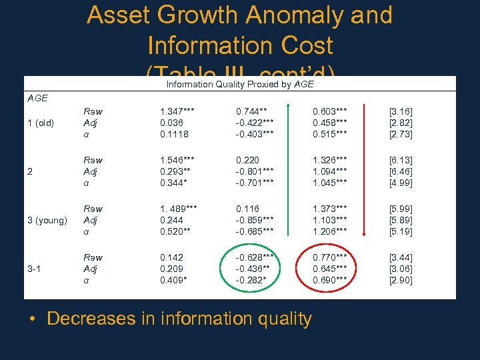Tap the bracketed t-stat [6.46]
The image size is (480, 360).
click(x=401, y=171)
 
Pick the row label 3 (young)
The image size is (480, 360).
click(x=47, y=220)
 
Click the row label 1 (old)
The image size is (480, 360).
click(x=41, y=123)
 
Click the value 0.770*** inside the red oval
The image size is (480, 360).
click(x=331, y=257)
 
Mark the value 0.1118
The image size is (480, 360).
click(x=173, y=134)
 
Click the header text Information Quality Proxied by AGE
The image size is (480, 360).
click(x=239, y=84)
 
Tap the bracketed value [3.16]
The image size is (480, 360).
click(x=401, y=111)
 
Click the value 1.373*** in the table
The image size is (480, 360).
click(x=331, y=209)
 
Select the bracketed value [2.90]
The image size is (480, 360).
click(x=401, y=280)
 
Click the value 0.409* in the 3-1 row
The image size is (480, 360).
click(x=173, y=280)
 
